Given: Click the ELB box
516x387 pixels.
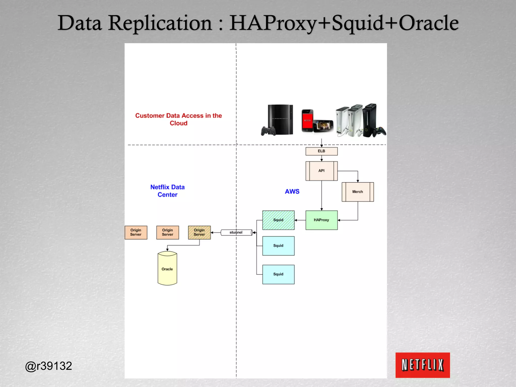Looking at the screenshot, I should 321,151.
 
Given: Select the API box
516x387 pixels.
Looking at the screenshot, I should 321,171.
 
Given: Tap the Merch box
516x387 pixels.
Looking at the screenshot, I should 357,192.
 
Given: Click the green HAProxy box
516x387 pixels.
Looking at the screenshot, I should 321,220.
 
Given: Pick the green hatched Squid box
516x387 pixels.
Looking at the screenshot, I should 278,220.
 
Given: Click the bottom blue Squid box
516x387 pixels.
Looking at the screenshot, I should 278,274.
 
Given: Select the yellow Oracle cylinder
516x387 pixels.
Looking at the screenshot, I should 167,269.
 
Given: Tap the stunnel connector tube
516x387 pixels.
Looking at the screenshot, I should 236,232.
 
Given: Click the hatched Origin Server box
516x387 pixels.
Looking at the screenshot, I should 199,232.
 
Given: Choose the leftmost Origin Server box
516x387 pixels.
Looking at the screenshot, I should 136,232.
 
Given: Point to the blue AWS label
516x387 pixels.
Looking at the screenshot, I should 292,191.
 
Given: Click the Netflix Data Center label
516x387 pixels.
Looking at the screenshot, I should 167,191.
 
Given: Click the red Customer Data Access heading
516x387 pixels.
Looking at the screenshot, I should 178,119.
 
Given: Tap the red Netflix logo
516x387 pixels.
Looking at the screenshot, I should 423,365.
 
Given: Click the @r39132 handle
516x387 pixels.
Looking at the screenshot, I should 48,366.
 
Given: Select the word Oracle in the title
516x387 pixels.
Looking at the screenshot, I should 428,23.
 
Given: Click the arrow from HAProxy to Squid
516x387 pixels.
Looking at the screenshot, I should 300,220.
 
